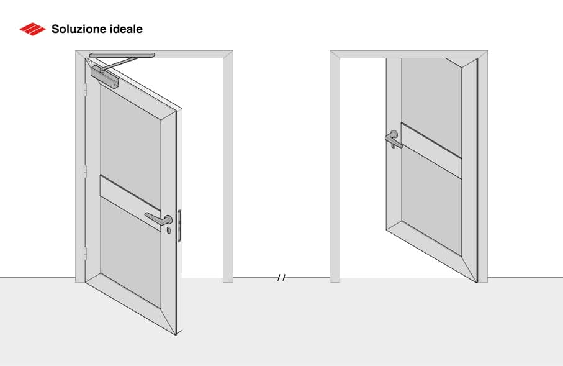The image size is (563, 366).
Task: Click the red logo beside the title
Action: [x=33, y=29]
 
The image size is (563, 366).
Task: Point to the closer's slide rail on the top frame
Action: [x=122, y=56]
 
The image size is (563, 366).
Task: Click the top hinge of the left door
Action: [x=85, y=91]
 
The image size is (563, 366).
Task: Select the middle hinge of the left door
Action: [x=85, y=172]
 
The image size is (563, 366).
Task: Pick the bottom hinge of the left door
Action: [x=85, y=253]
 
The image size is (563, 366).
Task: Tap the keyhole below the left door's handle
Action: [x=168, y=231]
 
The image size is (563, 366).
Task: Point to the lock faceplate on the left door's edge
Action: [x=179, y=225]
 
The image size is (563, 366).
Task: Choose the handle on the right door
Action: [x=394, y=139]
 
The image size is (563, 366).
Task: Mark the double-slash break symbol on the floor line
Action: [x=281, y=278]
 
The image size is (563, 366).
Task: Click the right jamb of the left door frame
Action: [x=228, y=168]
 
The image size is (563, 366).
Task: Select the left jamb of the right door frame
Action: [x=335, y=168]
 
